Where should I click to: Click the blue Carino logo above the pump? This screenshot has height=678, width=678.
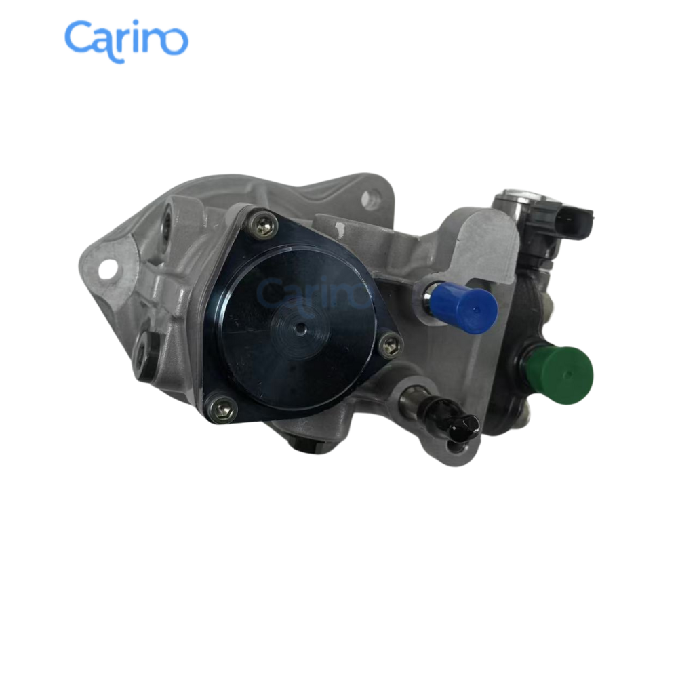[x=126, y=39]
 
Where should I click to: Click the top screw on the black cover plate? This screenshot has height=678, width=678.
[x=264, y=224]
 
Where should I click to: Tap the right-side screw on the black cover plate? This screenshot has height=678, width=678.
[x=389, y=346]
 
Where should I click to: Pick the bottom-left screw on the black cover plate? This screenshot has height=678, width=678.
[x=222, y=409]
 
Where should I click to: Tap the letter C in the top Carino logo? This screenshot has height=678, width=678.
[x=78, y=39]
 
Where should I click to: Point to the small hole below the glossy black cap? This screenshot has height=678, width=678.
[x=453, y=446]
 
